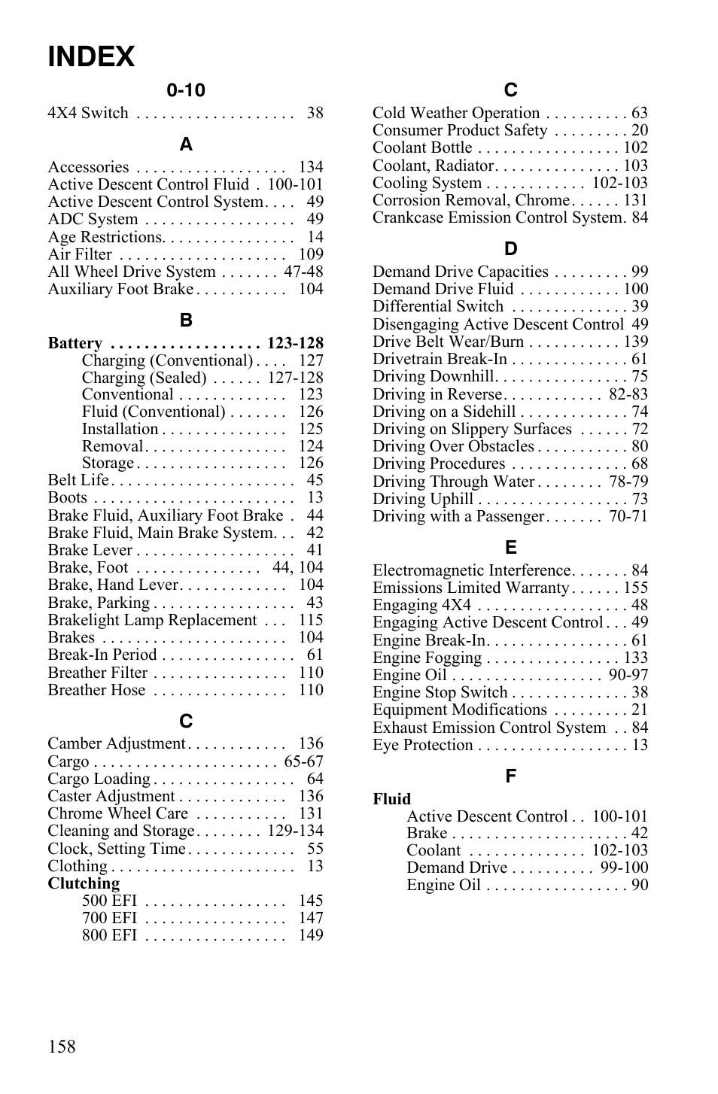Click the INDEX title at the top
[91, 57]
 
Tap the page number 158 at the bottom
[62, 1047]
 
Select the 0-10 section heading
[186, 90]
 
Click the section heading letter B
[186, 321]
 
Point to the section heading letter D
[510, 249]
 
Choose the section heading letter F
[510, 776]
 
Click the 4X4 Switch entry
[88, 113]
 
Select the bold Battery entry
[75, 343]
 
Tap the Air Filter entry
[80, 254]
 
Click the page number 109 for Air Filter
[310, 254]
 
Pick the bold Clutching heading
[84, 883]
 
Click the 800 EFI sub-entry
[109, 935]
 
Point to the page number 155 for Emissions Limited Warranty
[634, 588]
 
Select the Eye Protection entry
[422, 745]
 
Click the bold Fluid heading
[391, 799]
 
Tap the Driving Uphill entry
[422, 499]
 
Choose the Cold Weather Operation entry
[455, 113]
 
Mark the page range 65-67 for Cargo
[303, 761]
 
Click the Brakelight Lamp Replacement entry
[152, 620]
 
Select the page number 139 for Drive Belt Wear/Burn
[634, 342]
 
